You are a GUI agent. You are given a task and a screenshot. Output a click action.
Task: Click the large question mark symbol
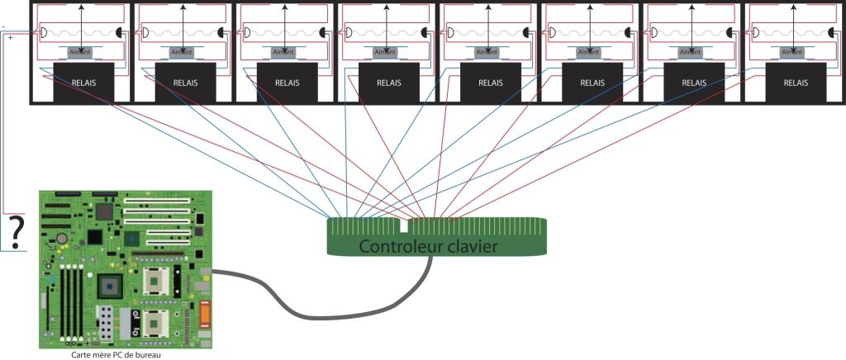(x=15, y=229)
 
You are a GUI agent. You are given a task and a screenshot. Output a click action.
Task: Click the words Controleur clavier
(x=429, y=246)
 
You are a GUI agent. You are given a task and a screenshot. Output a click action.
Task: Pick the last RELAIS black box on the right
(x=795, y=83)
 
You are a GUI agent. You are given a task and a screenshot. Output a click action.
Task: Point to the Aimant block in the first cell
(x=81, y=52)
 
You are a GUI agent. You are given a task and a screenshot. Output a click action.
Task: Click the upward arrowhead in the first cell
(x=81, y=7)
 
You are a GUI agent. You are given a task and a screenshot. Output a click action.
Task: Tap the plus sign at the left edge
(x=10, y=38)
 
